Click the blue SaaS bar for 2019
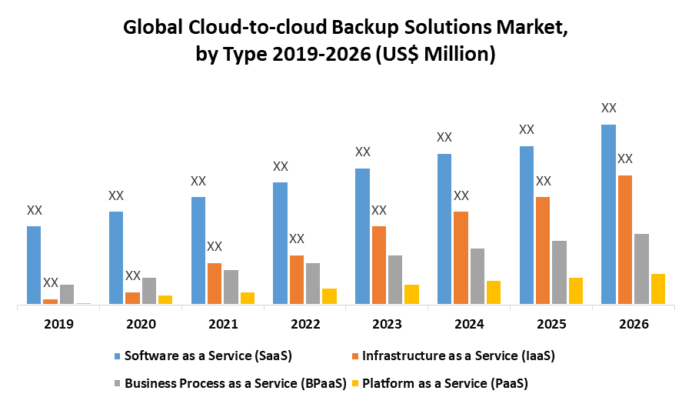point(34,265)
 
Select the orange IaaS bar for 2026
point(625,239)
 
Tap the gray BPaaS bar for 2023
point(395,279)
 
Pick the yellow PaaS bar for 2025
point(576,290)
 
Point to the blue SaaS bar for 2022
point(281,243)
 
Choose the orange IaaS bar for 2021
point(215,283)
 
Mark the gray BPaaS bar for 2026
point(641,269)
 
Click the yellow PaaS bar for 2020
point(165,299)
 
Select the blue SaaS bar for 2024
point(444,229)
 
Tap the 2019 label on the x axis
point(59,324)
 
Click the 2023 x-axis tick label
point(388,324)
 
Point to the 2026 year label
point(634,324)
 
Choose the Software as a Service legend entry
point(208,356)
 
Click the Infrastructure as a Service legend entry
point(457,356)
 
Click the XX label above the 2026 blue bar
point(609,109)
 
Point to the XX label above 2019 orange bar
point(51,282)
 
